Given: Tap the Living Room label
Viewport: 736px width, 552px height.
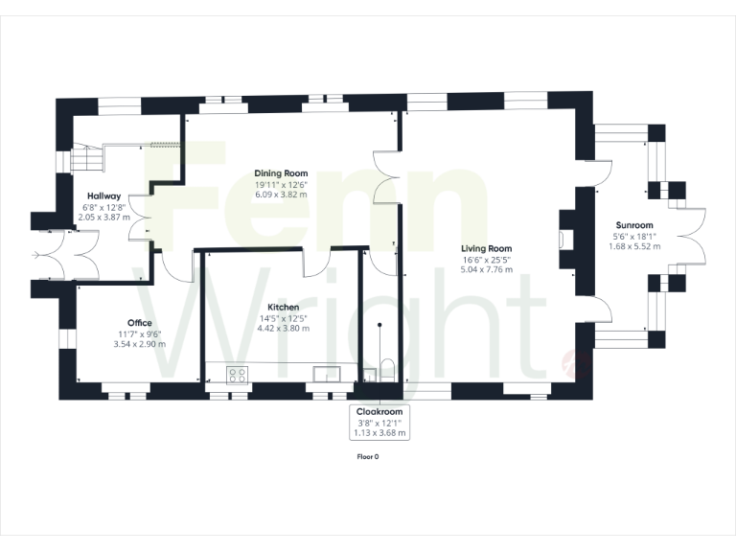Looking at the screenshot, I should click(486, 248).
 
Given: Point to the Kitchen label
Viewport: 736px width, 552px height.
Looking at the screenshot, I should click(284, 307).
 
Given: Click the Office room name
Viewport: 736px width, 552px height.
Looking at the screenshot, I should click(140, 323).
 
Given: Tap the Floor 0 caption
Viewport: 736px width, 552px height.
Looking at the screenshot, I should click(367, 457).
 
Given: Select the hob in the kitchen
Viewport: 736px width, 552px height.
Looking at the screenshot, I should click(237, 374).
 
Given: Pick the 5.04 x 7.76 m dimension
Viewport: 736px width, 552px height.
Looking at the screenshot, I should click(486, 269).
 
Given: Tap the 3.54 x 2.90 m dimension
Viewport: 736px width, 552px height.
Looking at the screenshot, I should click(140, 344).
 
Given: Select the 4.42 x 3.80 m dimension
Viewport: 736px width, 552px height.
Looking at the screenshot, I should click(284, 328).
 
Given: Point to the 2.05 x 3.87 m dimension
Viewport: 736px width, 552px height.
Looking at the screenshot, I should click(103, 217).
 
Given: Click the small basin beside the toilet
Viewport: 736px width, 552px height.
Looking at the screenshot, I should click(370, 374).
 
